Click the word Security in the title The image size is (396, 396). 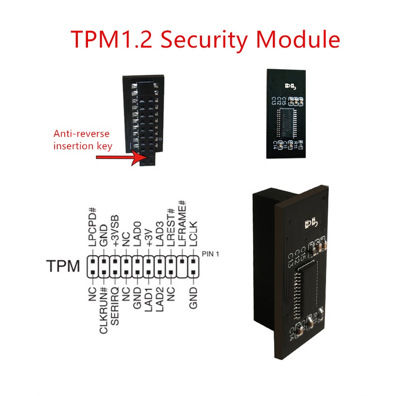click(x=205, y=40)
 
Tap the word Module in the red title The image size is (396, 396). click(x=297, y=40)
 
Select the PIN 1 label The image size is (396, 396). click(x=210, y=254)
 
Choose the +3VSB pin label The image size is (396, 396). click(x=115, y=231)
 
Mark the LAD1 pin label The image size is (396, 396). click(x=149, y=299)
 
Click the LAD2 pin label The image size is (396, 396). click(x=160, y=299)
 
